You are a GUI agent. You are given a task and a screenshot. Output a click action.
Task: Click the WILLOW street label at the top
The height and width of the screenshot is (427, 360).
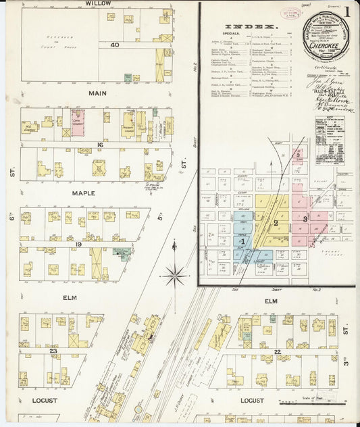(x=99, y=3)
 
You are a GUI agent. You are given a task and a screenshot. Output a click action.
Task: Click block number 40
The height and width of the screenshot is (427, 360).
(x=115, y=45)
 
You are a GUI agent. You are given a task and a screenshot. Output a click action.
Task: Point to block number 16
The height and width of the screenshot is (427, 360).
(x=99, y=145)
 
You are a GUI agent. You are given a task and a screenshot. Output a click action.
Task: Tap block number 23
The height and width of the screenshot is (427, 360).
(x=53, y=351)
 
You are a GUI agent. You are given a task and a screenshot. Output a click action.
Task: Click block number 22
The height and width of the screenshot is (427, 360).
(x=278, y=352)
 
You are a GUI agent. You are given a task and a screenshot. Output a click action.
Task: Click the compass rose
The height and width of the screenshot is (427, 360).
(x=176, y=274)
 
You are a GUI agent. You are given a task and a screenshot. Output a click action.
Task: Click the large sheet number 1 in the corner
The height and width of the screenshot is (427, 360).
(x=346, y=11)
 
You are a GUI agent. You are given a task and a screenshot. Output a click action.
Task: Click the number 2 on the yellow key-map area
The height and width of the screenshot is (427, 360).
(x=275, y=222)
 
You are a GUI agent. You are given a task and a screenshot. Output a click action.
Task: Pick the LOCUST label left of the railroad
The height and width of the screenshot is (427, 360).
(x=45, y=401)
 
